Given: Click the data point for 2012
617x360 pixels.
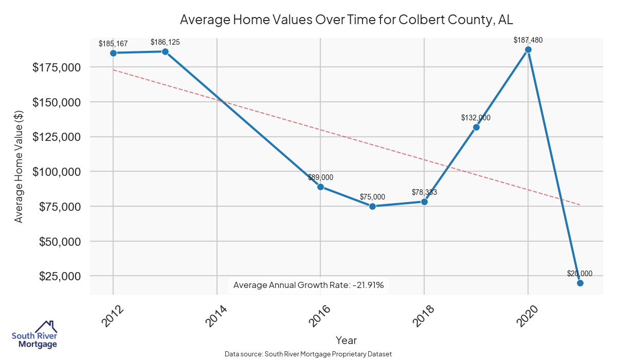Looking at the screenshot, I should pyautogui.click(x=113, y=53).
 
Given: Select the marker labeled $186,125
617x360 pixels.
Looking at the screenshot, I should pyautogui.click(x=165, y=51).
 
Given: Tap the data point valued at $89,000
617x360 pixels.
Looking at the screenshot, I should pyautogui.click(x=320, y=187).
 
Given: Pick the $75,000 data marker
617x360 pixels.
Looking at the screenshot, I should pyautogui.click(x=372, y=206).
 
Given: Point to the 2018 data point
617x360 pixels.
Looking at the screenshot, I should pyautogui.click(x=424, y=202).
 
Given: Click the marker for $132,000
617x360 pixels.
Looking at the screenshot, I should pyautogui.click(x=476, y=127).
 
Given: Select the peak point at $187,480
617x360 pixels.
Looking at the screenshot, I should pyautogui.click(x=528, y=50).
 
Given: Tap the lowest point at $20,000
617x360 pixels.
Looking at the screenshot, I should pyautogui.click(x=580, y=283).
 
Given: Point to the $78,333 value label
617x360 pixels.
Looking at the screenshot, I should pyautogui.click(x=424, y=192).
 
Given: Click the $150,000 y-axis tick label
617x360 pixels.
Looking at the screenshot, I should pyautogui.click(x=57, y=102).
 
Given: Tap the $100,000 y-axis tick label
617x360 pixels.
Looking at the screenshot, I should pyautogui.click(x=57, y=172).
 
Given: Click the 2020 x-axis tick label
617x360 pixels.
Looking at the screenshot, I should pyautogui.click(x=528, y=316).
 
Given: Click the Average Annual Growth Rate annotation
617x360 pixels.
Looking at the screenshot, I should pyautogui.click(x=308, y=285).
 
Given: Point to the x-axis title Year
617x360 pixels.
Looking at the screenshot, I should pyautogui.click(x=346, y=340).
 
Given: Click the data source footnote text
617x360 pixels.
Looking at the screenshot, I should pyautogui.click(x=308, y=354).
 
